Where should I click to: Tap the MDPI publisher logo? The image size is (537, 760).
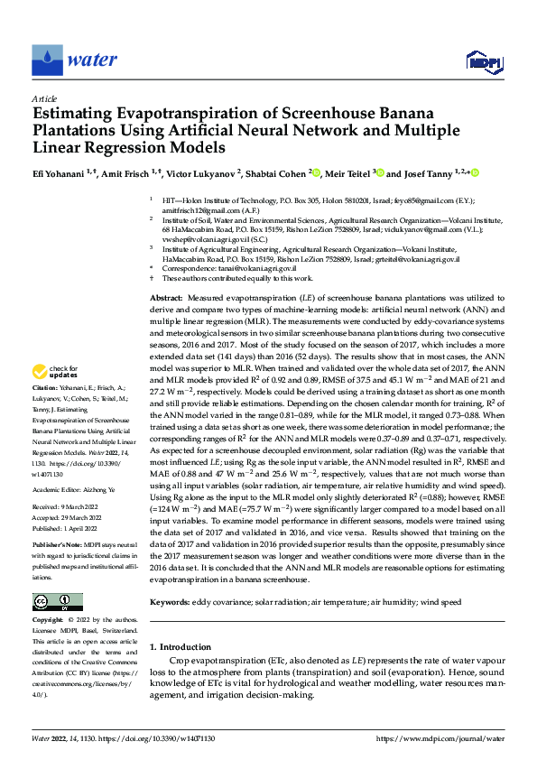pos(480,60)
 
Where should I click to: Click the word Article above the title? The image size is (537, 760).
pos(44,98)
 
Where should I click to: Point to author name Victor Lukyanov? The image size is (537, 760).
pos(199,172)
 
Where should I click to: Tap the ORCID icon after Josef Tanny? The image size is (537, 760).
pos(475,172)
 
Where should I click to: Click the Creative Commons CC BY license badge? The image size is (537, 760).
pos(58,602)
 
